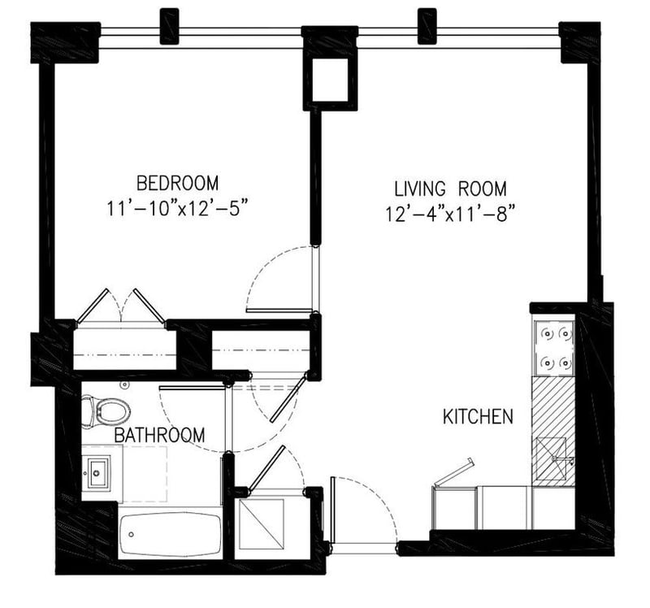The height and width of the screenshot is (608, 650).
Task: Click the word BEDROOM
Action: [x=176, y=181]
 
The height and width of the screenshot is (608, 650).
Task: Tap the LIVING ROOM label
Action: [x=449, y=189]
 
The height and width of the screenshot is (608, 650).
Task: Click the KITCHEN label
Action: [x=478, y=417]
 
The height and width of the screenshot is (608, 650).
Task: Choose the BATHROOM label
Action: [x=159, y=436]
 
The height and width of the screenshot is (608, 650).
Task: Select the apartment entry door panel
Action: [x=333, y=513]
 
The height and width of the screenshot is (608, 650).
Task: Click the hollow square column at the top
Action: [x=330, y=80]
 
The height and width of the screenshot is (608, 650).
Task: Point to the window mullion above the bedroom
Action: [x=169, y=26]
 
